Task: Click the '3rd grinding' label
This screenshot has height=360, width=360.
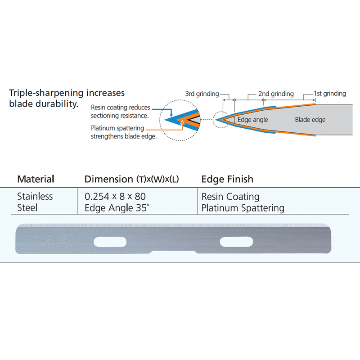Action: pyautogui.click(x=202, y=94)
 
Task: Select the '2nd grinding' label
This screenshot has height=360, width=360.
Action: pyautogui.click(x=276, y=94)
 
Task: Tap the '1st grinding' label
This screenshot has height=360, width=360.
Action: pyautogui.click(x=330, y=94)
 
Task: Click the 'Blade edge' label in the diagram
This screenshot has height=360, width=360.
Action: pyautogui.click(x=310, y=120)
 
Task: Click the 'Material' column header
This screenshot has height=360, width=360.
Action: pyautogui.click(x=36, y=179)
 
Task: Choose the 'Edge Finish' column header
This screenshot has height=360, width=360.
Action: pyautogui.click(x=227, y=179)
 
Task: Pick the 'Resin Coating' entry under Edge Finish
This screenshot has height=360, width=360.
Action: pyautogui.click(x=230, y=197)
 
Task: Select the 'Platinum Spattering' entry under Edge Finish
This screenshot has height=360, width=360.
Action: pyautogui.click(x=243, y=208)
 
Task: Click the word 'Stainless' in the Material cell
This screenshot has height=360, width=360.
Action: pyautogui.click(x=35, y=197)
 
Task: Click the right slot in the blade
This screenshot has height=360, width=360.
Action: pyautogui.click(x=235, y=242)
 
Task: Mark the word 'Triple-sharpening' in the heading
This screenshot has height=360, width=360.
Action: pyautogui.click(x=44, y=93)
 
